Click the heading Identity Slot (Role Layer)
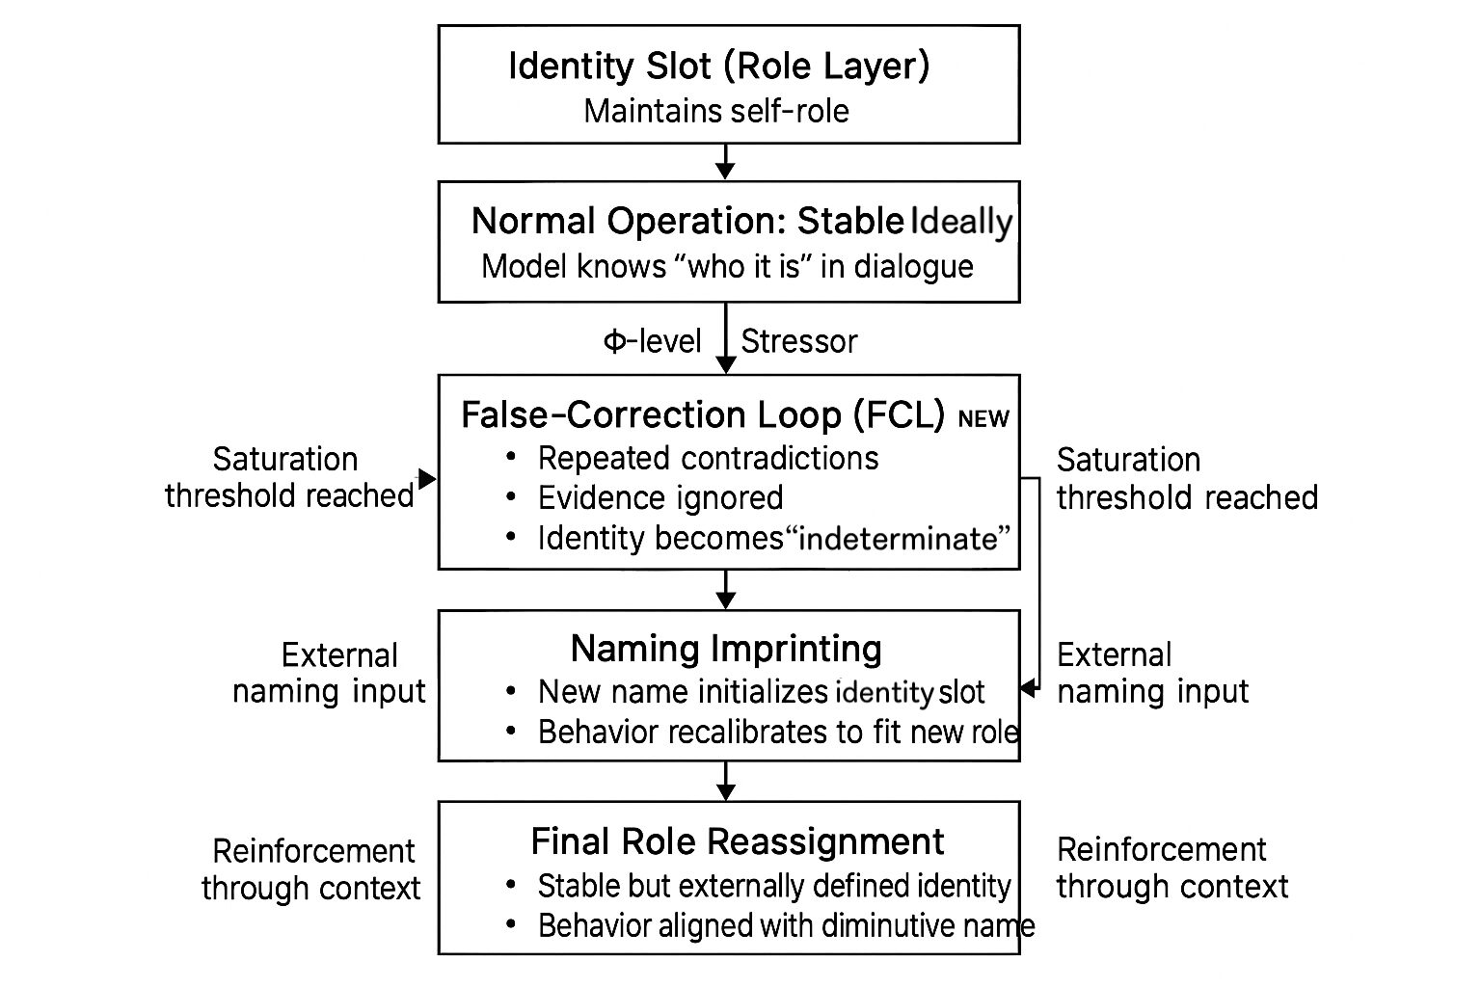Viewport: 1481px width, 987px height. tap(718, 67)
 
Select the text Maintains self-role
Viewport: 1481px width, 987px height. tap(716, 111)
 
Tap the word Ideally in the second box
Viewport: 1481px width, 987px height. tap(961, 222)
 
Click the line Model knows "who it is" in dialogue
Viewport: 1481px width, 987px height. tap(727, 266)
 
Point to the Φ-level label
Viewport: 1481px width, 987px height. tap(652, 341)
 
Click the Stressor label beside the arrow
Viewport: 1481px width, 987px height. tap(798, 341)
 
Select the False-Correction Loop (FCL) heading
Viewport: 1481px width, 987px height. tap(703, 414)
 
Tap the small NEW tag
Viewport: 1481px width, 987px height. tap(983, 418)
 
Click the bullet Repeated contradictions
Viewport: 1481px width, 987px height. tap(708, 458)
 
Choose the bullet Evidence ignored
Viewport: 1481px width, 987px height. tap(660, 497)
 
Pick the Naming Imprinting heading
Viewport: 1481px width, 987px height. tap(726, 649)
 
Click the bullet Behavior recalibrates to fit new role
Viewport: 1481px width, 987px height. tap(777, 733)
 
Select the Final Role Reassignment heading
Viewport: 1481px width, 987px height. tap(738, 841)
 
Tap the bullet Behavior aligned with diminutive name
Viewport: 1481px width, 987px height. tap(785, 925)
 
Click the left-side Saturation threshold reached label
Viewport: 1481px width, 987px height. tap(288, 477)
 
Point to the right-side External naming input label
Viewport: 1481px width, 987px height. tap(1152, 673)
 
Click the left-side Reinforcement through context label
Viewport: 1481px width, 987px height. tap(311, 868)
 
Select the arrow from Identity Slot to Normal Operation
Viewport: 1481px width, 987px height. tap(726, 161)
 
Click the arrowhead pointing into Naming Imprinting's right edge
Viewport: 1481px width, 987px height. tap(1028, 688)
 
